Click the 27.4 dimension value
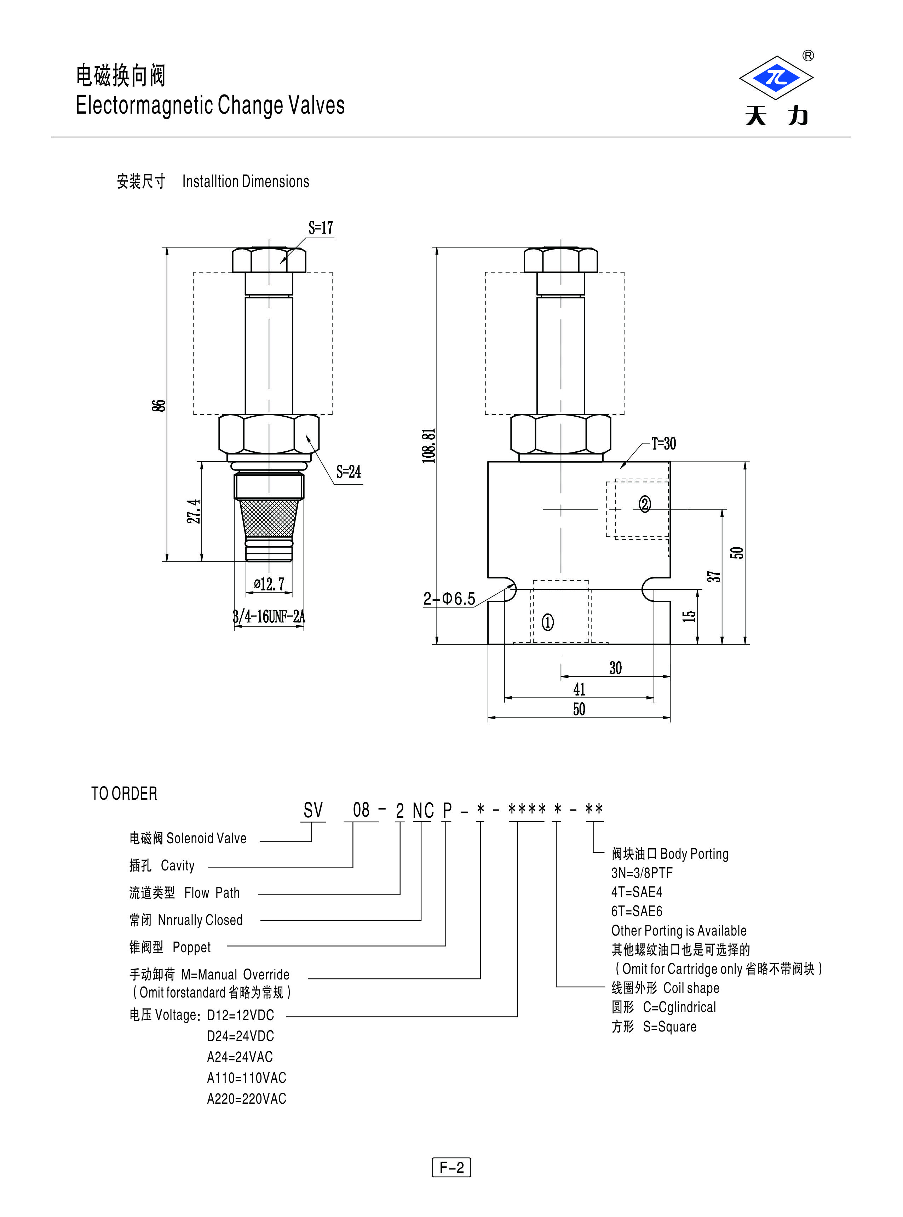pyautogui.click(x=194, y=511)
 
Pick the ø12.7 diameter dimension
pyautogui.click(x=269, y=584)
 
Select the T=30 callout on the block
pyautogui.click(x=663, y=444)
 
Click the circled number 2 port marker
pyautogui.click(x=645, y=503)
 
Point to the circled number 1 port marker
pyautogui.click(x=547, y=622)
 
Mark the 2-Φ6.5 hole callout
pyautogui.click(x=449, y=599)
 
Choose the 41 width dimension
pyautogui.click(x=579, y=689)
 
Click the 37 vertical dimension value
pyautogui.click(x=713, y=576)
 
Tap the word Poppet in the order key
pyautogui.click(x=191, y=947)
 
